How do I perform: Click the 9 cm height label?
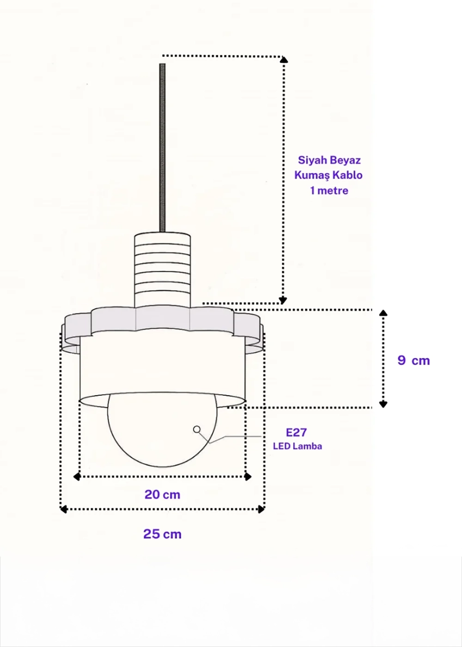[x=413, y=360]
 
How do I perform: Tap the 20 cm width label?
[x=162, y=494]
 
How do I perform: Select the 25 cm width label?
[x=162, y=534]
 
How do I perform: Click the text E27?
[x=296, y=433]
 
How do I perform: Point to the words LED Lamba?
[x=298, y=446]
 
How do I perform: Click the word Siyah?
[x=310, y=160]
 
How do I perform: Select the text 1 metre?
[x=329, y=190]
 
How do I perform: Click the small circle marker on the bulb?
[x=197, y=429]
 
